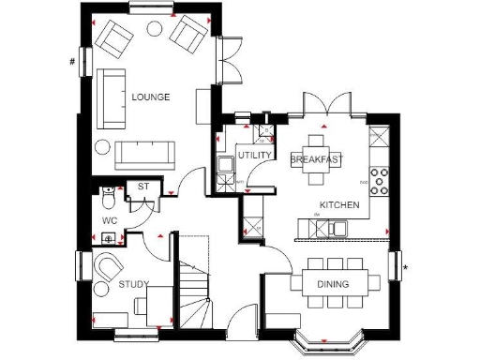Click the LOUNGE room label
(150, 97)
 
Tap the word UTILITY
(254, 155)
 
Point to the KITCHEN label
(337, 204)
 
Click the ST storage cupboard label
(143, 187)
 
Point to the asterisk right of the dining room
(405, 268)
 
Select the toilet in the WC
(110, 199)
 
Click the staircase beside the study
(195, 281)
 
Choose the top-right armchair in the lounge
(188, 35)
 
